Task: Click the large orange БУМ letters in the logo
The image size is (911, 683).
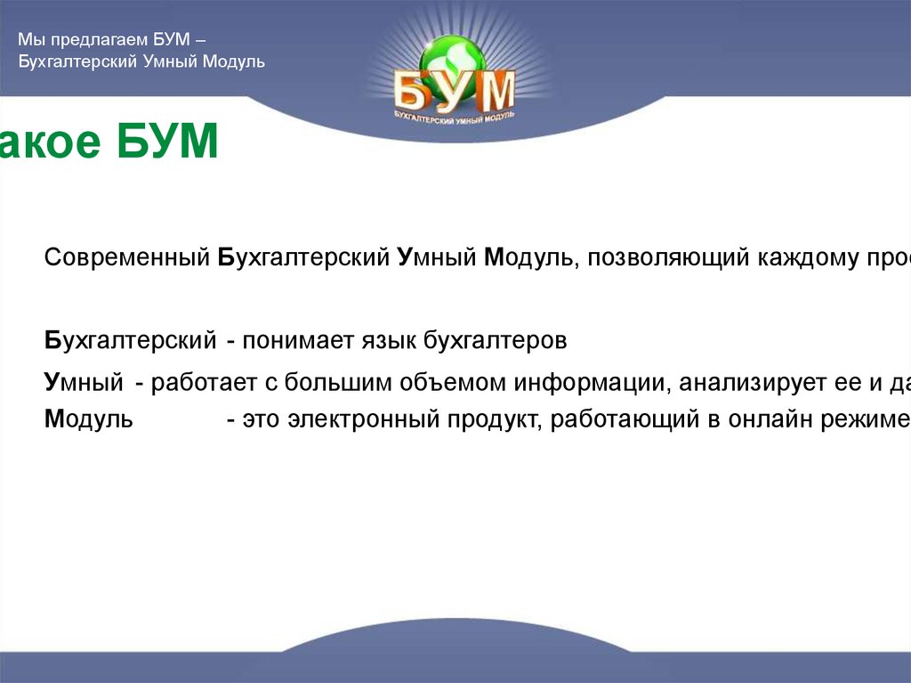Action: click(455, 93)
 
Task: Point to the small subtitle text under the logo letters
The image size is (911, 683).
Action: click(455, 116)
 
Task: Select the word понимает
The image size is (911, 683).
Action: click(287, 341)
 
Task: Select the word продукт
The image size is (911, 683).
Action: click(489, 419)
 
